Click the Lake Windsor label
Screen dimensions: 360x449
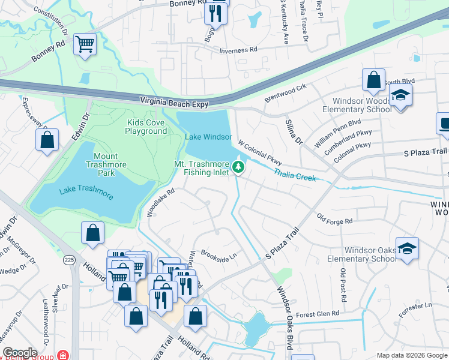point(208,137)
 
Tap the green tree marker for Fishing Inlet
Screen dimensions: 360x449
point(239,167)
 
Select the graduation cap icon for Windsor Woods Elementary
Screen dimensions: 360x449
point(400,95)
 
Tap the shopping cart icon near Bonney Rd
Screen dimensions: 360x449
point(85,43)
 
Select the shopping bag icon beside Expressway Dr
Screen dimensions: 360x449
point(47,140)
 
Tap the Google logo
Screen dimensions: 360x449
point(20,353)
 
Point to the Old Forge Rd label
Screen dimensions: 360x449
point(334,221)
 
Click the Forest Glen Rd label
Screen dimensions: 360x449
point(318,313)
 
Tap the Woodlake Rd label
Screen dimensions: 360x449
point(160,203)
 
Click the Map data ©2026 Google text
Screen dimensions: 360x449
point(411,355)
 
